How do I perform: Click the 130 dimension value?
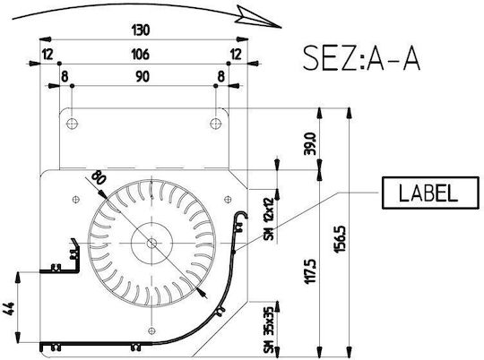pyautogui.click(x=141, y=30)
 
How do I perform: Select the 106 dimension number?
pyautogui.click(x=141, y=55)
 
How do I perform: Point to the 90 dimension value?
pyautogui.click(x=143, y=76)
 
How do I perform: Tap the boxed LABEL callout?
pyautogui.click(x=430, y=193)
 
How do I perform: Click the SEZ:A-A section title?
pyautogui.click(x=361, y=58)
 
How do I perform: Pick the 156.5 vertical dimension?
pyautogui.click(x=341, y=239)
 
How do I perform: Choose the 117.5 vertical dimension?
pyautogui.click(x=310, y=271)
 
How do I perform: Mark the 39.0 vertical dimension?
pyautogui.click(x=309, y=144)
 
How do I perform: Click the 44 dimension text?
pyautogui.click(x=9, y=309)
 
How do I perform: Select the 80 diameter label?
pyautogui.click(x=99, y=177)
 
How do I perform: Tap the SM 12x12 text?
pyautogui.click(x=269, y=219)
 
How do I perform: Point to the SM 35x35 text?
pyautogui.click(x=269, y=330)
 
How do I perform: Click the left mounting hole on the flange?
pyautogui.click(x=72, y=124)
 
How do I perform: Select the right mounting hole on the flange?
pyautogui.click(x=215, y=124)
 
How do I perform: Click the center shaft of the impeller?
pyautogui.click(x=151, y=244)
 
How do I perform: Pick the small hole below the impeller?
pyautogui.click(x=151, y=330)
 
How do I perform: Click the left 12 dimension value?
pyautogui.click(x=48, y=55)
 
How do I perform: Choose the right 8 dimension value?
pyautogui.click(x=221, y=76)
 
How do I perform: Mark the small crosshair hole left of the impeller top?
pyautogui.click(x=76, y=200)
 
